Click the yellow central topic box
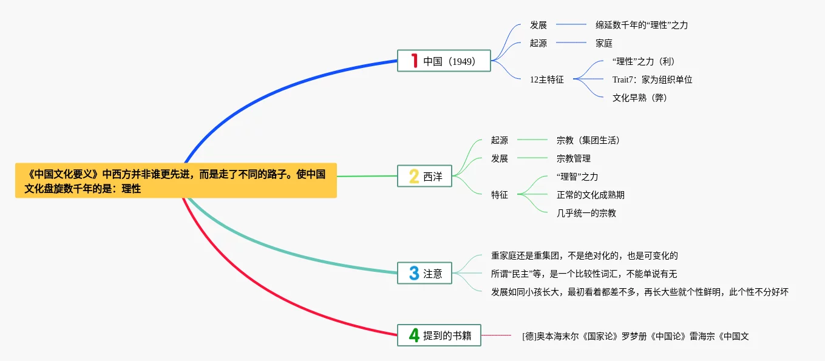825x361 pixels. click(176, 180)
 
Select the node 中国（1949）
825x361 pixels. click(444, 61)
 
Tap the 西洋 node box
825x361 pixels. click(425, 177)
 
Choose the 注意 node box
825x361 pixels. click(425, 273)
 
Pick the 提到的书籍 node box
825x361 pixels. click(439, 336)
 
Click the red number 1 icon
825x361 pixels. click(415, 61)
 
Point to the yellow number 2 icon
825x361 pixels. click(414, 177)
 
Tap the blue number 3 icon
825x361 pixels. click(415, 273)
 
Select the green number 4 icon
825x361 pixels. click(415, 336)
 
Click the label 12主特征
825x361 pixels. click(546, 79)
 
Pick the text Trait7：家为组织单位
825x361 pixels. click(652, 79)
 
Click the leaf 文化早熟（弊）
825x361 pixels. click(640, 98)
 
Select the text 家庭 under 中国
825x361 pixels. click(604, 44)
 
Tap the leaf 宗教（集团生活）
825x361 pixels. click(588, 140)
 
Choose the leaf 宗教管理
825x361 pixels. click(574, 158)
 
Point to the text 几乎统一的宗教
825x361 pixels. click(586, 213)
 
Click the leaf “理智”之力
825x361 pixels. click(577, 177)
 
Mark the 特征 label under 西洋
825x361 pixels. click(500, 195)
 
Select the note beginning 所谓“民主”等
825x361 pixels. click(584, 274)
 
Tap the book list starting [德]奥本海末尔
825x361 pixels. click(636, 336)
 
